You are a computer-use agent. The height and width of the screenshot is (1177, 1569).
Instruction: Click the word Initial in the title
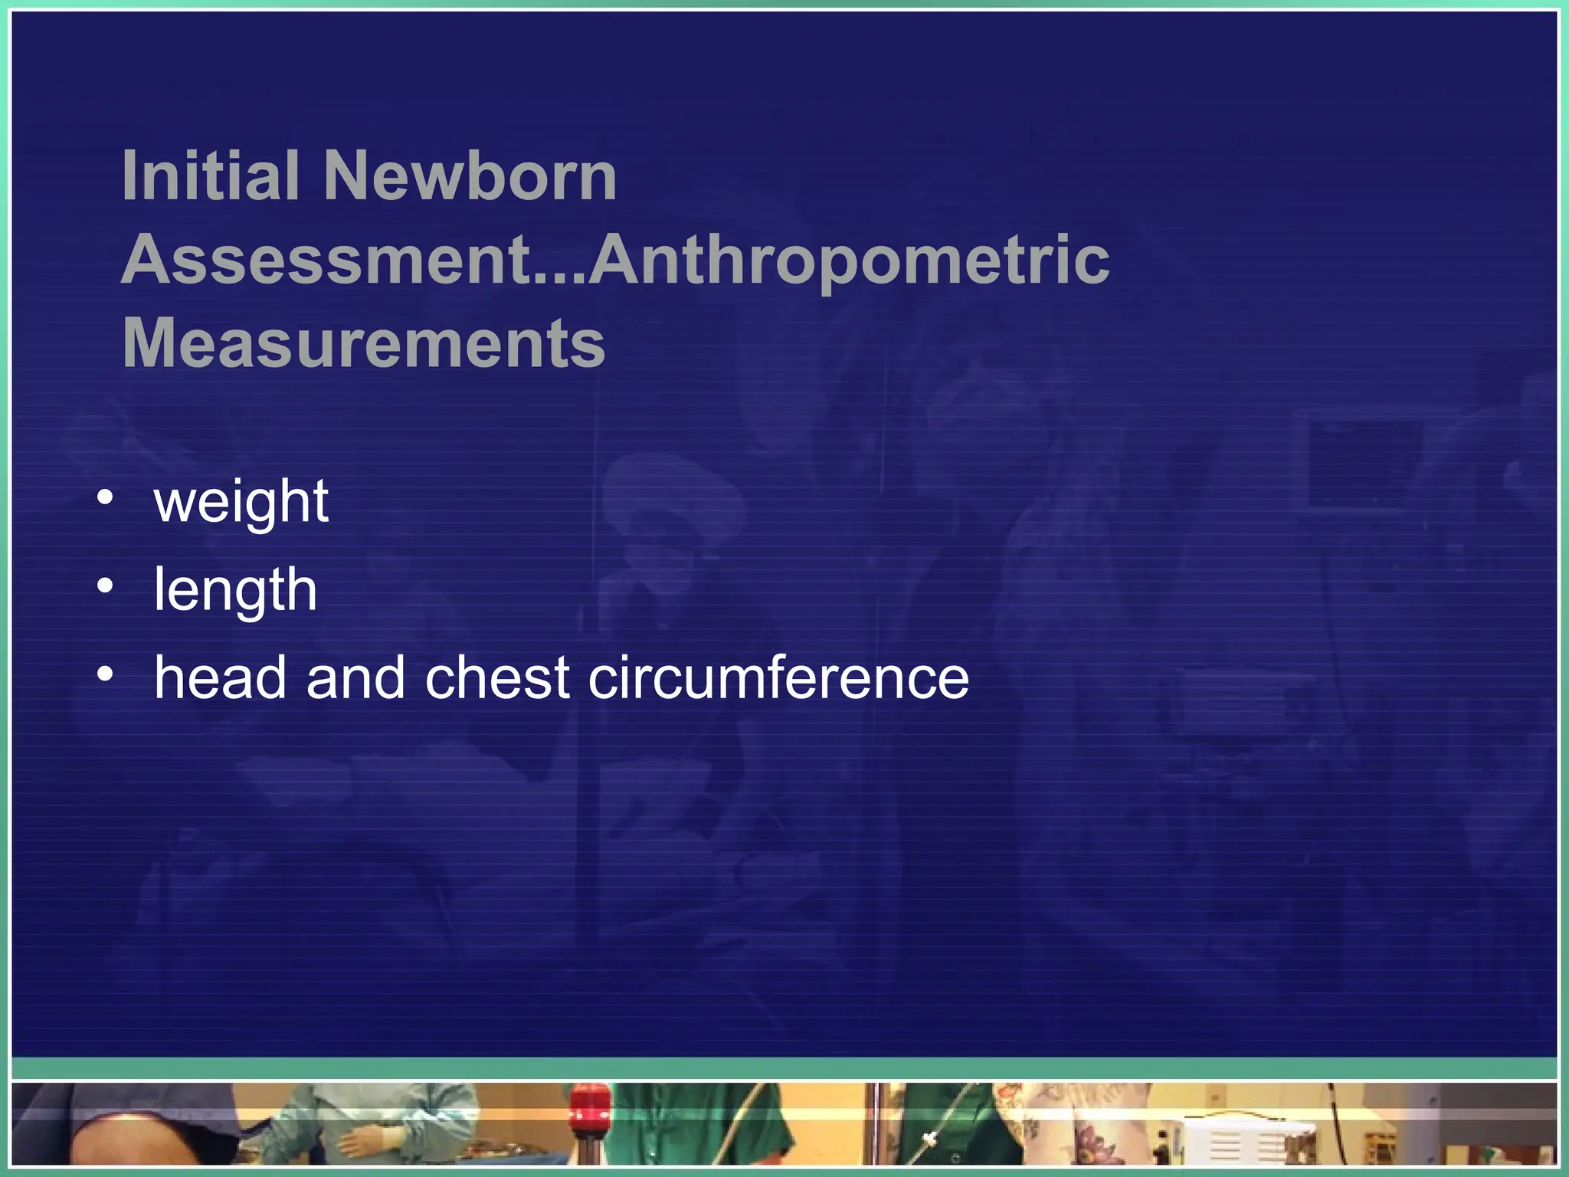tap(211, 176)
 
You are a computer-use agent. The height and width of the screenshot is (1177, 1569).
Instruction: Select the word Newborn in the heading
tap(470, 176)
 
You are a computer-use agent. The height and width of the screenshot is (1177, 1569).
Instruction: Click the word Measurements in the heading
tap(364, 343)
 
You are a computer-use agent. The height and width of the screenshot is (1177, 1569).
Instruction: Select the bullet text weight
tap(241, 503)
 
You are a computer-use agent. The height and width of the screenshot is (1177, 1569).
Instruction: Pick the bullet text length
tap(235, 590)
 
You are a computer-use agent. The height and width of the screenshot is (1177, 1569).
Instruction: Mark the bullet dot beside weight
tap(106, 499)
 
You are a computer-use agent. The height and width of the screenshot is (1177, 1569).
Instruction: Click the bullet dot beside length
tap(106, 587)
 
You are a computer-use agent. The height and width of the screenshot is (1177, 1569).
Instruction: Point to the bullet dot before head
tap(106, 675)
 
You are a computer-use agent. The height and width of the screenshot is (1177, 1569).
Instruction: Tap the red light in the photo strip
tap(590, 1103)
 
